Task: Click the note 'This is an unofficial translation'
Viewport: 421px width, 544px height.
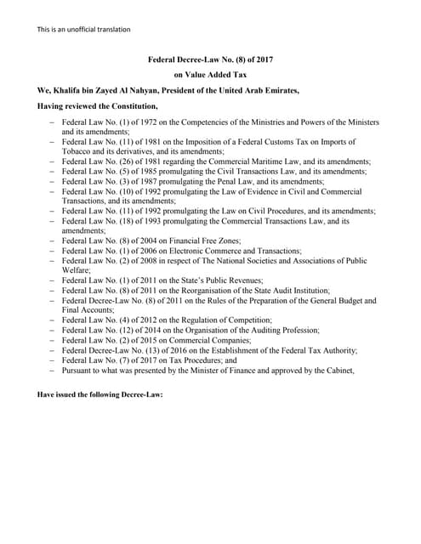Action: click(83, 30)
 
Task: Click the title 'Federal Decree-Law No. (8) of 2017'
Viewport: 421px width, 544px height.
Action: click(210, 60)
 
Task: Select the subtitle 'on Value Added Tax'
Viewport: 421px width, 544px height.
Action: click(210, 75)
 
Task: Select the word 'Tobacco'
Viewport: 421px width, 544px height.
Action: click(78, 150)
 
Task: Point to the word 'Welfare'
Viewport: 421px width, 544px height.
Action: click(77, 271)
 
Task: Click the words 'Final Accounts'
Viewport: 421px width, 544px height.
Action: click(88, 310)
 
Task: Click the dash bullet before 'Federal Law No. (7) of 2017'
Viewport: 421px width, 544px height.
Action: click(53, 360)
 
